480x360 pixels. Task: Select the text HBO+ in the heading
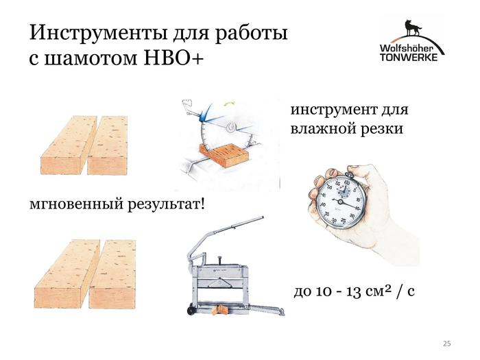[173, 57]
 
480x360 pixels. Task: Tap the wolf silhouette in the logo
[412, 29]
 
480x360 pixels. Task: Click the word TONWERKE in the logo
[409, 57]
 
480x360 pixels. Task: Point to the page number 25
[446, 344]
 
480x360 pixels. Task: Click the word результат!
[166, 204]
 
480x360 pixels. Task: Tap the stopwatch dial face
[341, 202]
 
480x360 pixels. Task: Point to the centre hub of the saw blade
[231, 127]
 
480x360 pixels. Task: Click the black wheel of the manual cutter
[191, 311]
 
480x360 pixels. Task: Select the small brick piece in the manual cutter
[221, 310]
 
